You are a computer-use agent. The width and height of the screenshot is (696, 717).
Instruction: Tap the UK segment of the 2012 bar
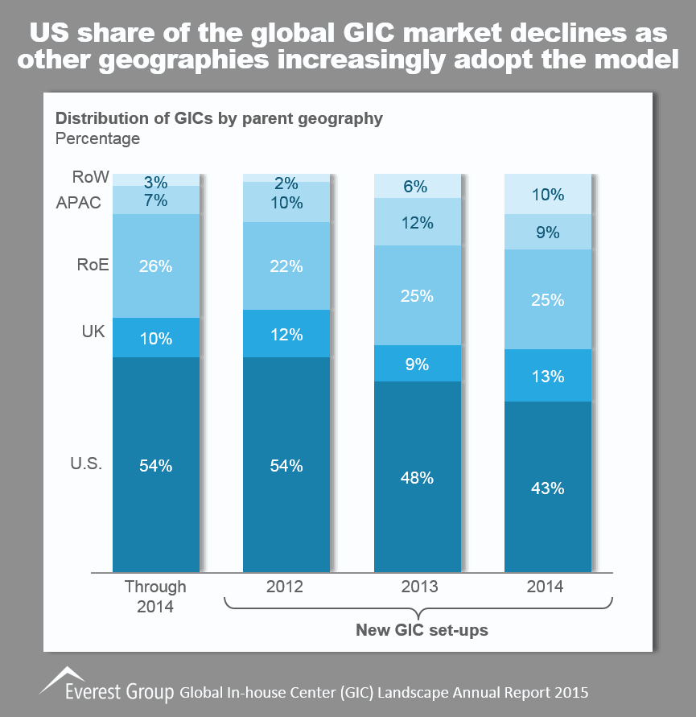pos(286,334)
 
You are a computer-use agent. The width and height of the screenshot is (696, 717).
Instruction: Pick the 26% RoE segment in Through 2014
pos(155,266)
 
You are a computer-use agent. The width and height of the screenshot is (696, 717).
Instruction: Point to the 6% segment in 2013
pos(417,186)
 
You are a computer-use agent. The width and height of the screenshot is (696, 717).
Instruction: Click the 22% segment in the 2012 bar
pos(286,266)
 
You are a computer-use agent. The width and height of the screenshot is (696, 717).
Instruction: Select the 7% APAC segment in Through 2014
pos(155,200)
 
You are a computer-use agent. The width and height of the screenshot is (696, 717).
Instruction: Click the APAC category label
pos(79,202)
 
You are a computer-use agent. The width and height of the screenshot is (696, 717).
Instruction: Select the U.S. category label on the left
pos(86,464)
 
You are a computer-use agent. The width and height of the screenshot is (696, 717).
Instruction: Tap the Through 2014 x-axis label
pos(155,595)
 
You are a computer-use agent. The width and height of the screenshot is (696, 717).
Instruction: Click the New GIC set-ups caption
pos(422,630)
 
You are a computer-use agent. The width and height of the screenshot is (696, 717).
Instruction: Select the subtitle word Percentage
pos(97,138)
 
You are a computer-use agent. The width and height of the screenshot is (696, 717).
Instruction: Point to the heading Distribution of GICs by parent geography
pos(218,118)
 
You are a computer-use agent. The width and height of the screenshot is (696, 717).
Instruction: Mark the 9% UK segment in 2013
pos(417,364)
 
